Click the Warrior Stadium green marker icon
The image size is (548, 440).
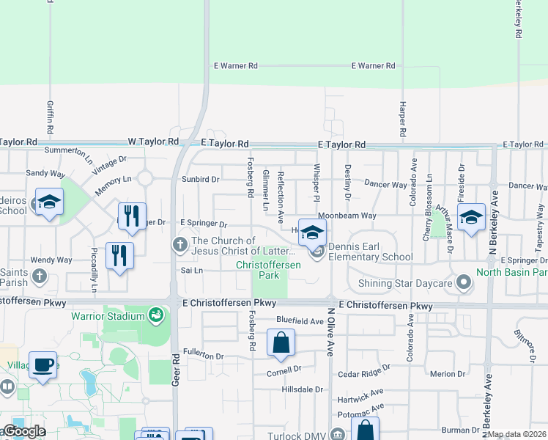155,316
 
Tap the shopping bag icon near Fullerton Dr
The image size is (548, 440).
281,342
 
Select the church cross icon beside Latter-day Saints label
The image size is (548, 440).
180,244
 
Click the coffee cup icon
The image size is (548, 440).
43,364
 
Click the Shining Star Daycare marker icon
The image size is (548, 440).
463,282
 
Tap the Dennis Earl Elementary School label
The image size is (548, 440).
371,252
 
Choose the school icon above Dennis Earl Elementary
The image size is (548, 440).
312,232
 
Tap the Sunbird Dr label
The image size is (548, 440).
201,179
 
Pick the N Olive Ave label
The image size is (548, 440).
330,331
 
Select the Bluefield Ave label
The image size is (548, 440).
300,321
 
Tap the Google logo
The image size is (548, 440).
24,431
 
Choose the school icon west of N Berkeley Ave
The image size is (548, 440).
472,217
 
